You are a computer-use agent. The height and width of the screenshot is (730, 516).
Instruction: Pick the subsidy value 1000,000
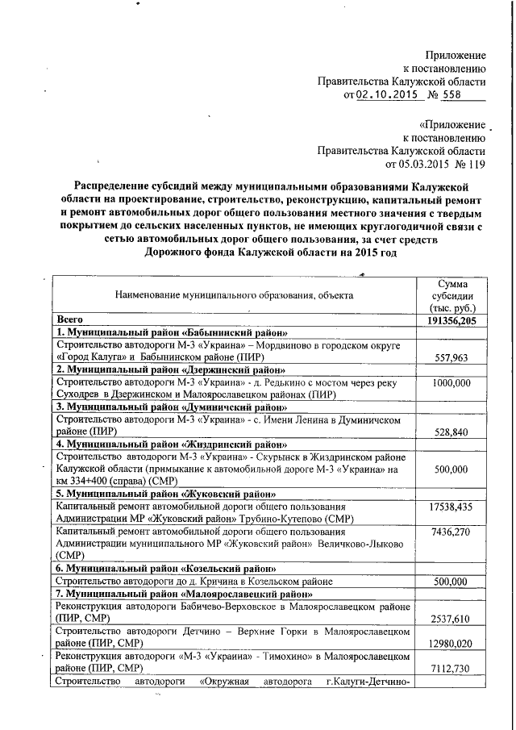(451, 383)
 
